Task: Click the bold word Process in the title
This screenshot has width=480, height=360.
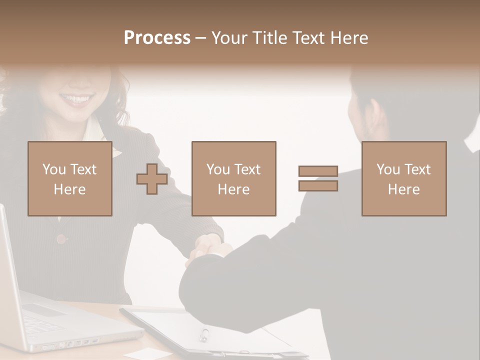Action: point(157,37)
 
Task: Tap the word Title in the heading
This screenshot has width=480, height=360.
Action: point(270,37)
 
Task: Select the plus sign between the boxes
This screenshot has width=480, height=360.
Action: point(152,178)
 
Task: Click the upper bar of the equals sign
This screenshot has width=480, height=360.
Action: point(318,171)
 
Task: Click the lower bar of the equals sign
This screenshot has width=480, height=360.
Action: point(318,185)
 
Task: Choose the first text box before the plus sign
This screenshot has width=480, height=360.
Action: point(69,178)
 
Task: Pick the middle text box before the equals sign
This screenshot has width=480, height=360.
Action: point(233,178)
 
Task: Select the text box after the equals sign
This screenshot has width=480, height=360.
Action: point(403,178)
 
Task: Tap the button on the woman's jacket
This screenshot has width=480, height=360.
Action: point(61,239)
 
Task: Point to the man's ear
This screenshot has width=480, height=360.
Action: point(376,114)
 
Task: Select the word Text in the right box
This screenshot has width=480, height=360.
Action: point(417,169)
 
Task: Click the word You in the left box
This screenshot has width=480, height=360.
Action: point(54,169)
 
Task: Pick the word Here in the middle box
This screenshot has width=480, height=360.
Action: point(233,189)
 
